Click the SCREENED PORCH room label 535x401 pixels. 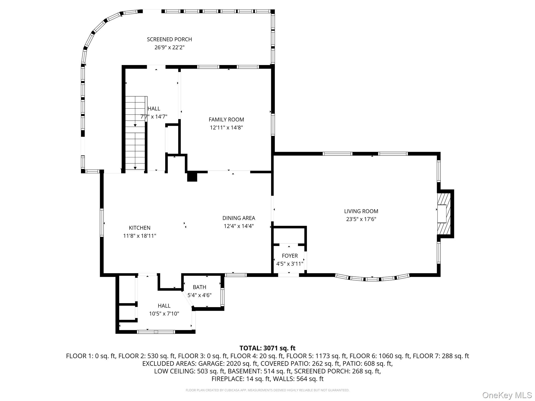pyautogui.click(x=169, y=39)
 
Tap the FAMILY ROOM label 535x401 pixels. pyautogui.click(x=226, y=120)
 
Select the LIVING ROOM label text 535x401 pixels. pyautogui.click(x=361, y=211)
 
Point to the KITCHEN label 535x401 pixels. pyautogui.click(x=139, y=228)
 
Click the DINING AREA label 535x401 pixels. pyautogui.click(x=239, y=218)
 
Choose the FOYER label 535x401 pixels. pyautogui.click(x=290, y=256)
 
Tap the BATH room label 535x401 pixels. pyautogui.click(x=200, y=287)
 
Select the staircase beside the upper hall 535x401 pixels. pyautogui.click(x=135, y=133)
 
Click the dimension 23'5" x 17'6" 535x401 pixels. pyautogui.click(x=361, y=219)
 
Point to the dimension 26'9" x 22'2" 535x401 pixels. pyautogui.click(x=169, y=48)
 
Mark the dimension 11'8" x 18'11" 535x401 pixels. pyautogui.click(x=139, y=236)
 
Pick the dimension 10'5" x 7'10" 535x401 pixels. pyautogui.click(x=164, y=314)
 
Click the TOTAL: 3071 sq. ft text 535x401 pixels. pyautogui.click(x=267, y=348)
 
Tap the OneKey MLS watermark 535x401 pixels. pyautogui.click(x=507, y=395)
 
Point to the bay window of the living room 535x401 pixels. pyautogui.click(x=372, y=278)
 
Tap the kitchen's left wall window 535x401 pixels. pyautogui.click(x=102, y=223)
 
